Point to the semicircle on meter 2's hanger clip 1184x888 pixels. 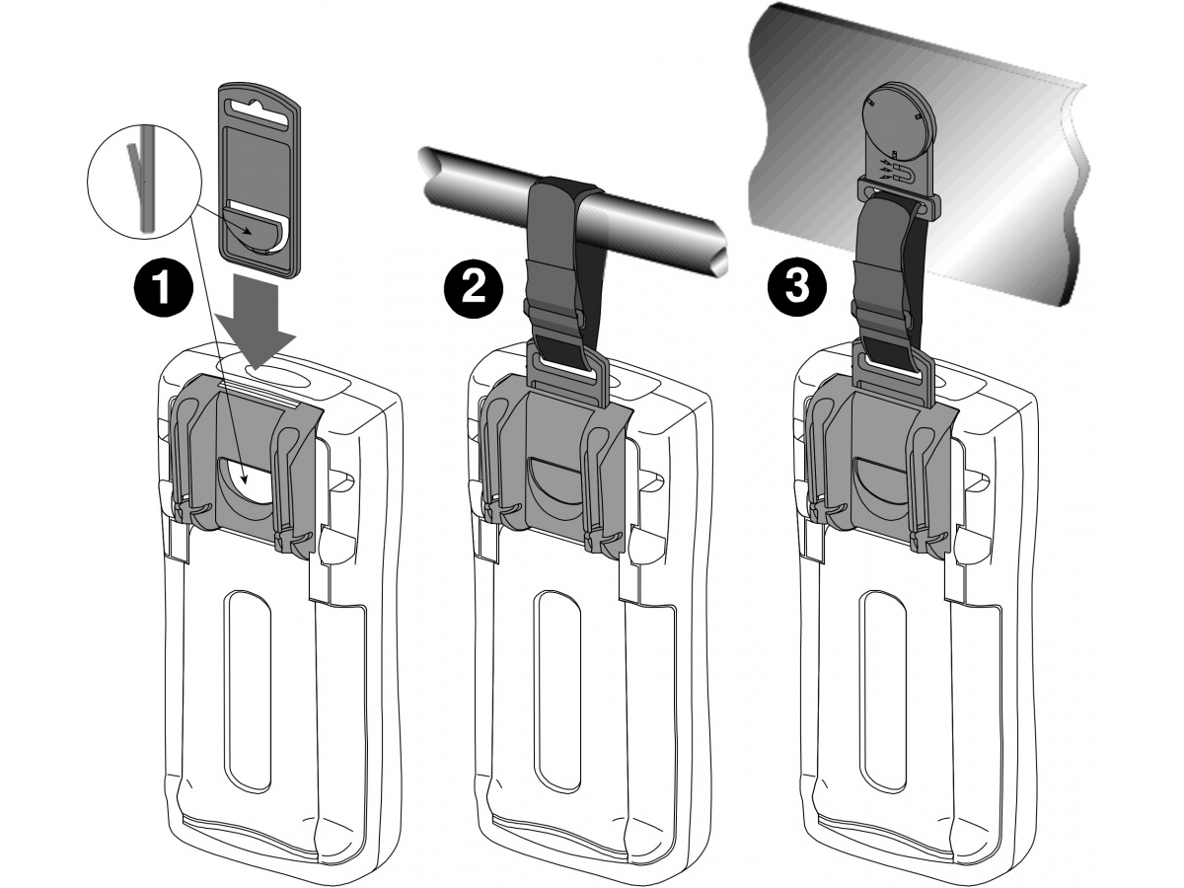[x=558, y=483]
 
